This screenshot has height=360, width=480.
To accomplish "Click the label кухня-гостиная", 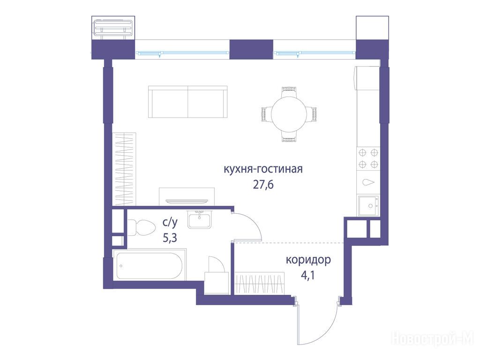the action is point(263,169).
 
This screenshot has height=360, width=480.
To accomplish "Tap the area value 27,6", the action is point(263,185).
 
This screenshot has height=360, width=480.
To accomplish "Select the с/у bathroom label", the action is point(170,223).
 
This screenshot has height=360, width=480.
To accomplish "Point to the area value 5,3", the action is point(170,238).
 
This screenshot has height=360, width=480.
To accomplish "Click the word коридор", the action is point(308,260).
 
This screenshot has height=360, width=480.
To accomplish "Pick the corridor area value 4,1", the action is point(308,276).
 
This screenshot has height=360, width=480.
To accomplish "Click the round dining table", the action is point(289,114).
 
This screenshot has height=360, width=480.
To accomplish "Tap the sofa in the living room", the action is point(187,102).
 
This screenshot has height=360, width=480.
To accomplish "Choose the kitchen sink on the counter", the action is point(368,206).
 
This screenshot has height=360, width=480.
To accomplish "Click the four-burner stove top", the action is point(368,158).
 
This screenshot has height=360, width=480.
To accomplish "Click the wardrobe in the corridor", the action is point(260,283).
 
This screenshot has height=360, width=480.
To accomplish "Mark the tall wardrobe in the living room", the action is point(124,169).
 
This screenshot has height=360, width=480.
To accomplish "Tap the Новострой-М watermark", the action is point(433,339).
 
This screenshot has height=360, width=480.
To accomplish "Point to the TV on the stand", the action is point(187,201).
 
